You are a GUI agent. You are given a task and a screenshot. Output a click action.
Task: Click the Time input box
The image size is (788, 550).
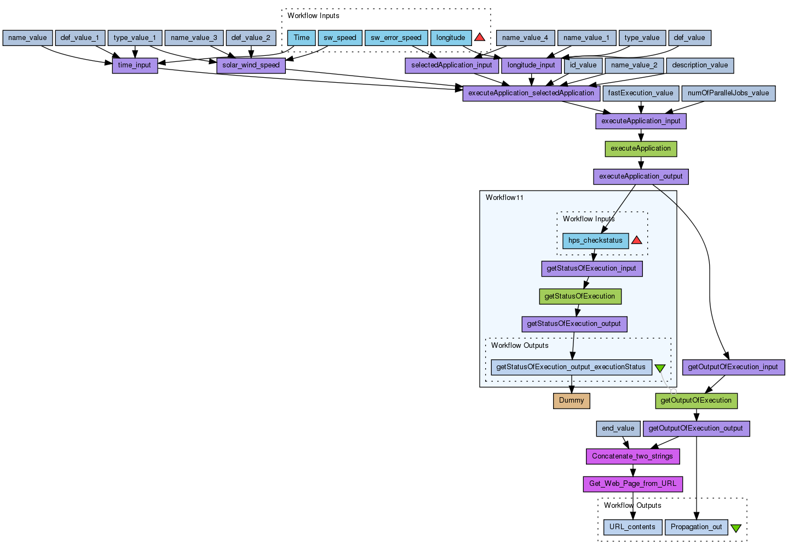point(301,38)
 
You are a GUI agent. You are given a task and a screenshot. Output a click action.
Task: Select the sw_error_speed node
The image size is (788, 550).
point(396,38)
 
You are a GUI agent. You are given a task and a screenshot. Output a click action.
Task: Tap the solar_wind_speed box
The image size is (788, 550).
point(251,65)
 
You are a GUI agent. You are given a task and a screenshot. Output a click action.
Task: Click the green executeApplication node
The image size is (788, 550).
point(641,148)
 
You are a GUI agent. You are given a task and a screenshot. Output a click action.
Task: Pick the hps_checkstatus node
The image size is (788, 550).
point(595,240)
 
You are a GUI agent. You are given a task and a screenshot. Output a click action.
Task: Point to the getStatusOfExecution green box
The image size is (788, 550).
point(580,296)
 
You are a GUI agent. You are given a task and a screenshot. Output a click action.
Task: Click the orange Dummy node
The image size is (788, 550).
point(572,400)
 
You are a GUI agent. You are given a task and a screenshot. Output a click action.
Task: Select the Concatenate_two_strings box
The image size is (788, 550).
point(632,456)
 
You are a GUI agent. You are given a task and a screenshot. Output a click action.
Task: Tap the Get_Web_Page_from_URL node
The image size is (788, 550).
point(632,484)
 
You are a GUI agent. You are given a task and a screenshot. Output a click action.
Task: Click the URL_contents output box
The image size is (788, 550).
point(632,527)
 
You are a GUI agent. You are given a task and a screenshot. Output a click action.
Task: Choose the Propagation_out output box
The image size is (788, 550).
point(697,527)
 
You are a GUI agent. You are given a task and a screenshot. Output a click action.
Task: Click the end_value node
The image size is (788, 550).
point(618,428)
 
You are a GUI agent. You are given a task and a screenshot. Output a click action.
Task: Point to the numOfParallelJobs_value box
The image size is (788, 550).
point(728,93)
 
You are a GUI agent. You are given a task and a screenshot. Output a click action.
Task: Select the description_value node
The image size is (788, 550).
point(700,65)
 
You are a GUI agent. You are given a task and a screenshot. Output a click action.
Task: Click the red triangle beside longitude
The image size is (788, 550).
point(480,37)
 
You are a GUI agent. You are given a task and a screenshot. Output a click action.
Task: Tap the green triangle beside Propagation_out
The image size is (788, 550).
point(736,528)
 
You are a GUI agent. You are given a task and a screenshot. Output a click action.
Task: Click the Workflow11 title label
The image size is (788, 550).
point(504,198)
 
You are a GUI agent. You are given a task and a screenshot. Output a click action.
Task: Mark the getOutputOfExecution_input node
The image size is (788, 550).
point(733,367)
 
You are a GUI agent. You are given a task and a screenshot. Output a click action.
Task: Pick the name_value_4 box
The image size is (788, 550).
point(525,38)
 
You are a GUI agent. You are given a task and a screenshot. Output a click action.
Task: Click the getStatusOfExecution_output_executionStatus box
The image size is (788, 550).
point(571,367)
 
